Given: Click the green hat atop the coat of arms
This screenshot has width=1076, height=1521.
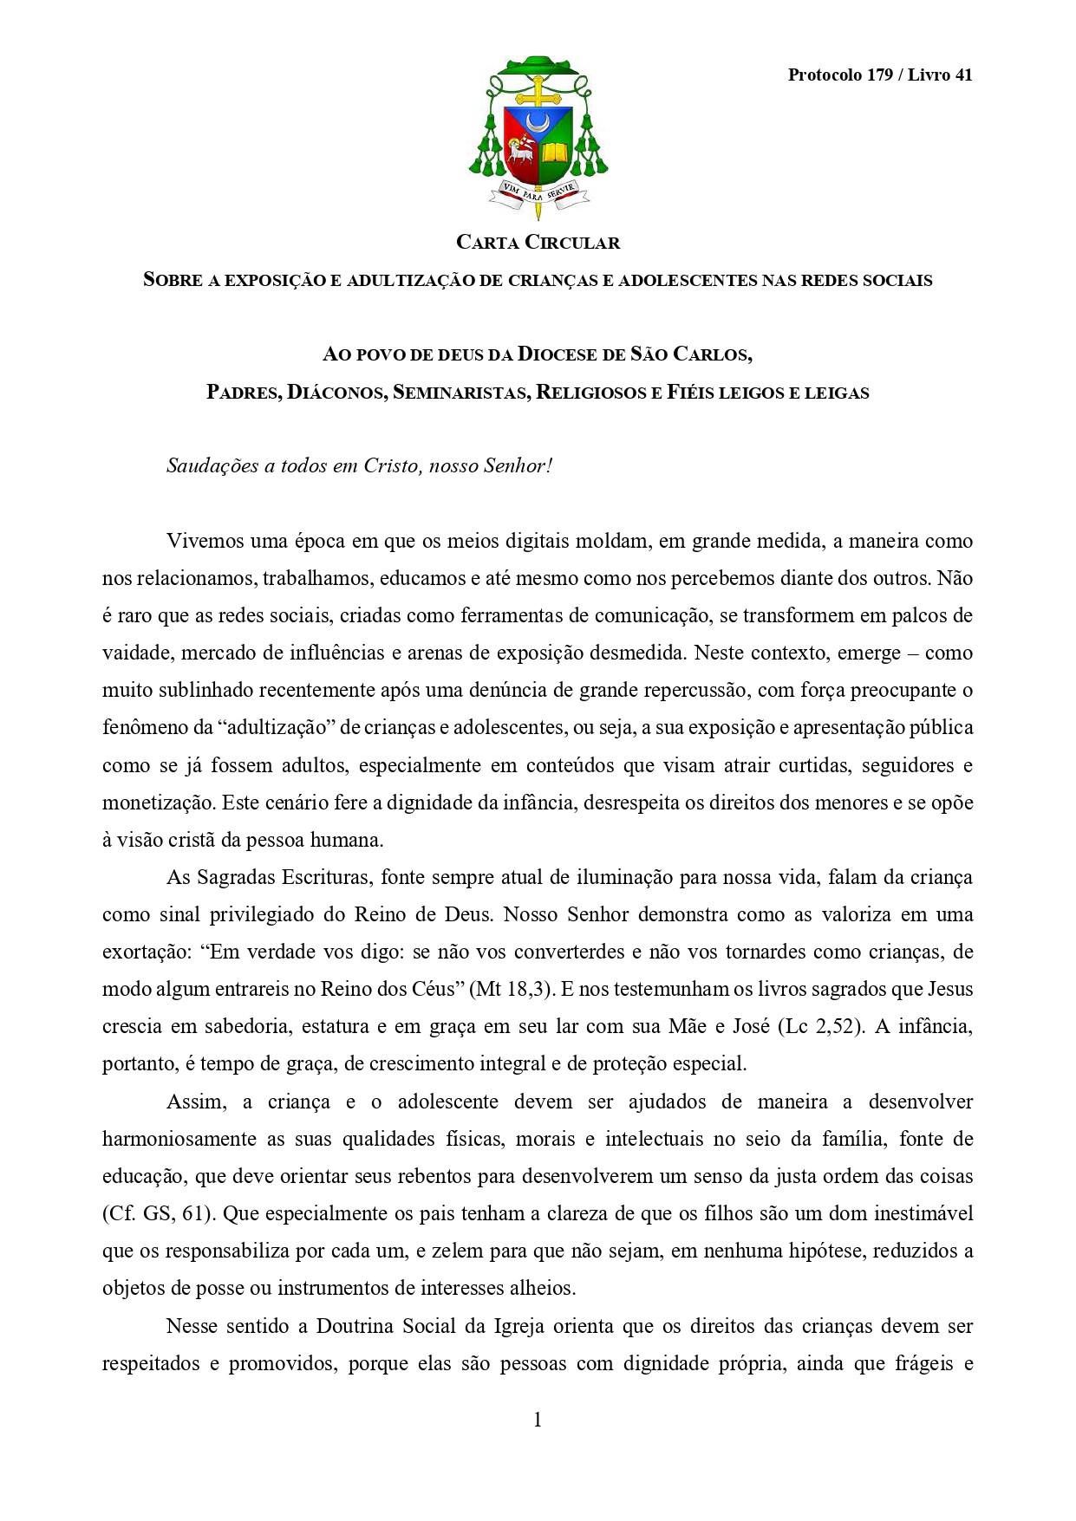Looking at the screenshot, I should [x=538, y=68].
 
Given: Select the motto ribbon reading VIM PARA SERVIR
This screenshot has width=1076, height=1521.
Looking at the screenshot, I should [x=538, y=192].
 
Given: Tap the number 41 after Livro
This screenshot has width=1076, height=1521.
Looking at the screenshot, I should [x=962, y=75].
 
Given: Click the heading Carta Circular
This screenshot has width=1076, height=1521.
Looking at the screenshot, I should [x=538, y=243].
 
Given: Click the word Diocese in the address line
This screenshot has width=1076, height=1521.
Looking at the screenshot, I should [x=558, y=354].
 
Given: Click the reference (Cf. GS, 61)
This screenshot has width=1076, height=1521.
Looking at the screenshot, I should [x=157, y=1214].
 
